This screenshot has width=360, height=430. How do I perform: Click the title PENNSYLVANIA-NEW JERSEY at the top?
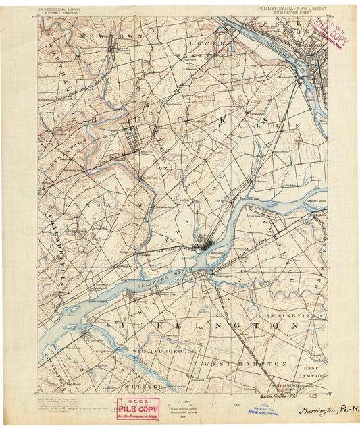pos(292,7)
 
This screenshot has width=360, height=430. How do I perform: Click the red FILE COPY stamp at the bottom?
pos(138,408)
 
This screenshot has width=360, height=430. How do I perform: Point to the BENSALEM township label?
pos(103,205)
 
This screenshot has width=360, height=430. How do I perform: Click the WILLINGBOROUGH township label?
pos(164,352)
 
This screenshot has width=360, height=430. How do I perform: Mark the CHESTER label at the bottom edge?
pos(147,387)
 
